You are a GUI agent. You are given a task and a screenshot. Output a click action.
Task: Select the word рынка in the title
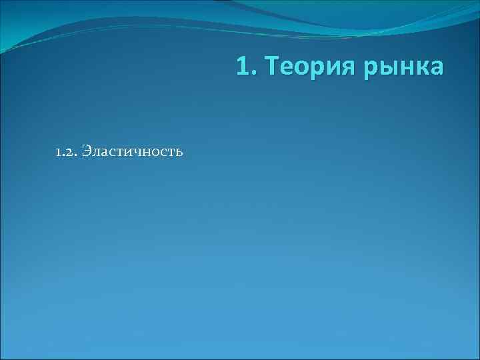pyautogui.click(x=402, y=67)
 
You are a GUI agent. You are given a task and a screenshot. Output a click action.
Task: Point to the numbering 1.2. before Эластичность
pyautogui.click(x=67, y=152)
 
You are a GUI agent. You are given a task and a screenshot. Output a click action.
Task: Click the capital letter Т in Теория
pyautogui.click(x=269, y=67)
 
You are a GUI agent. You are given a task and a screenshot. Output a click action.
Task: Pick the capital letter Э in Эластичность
pyautogui.click(x=88, y=152)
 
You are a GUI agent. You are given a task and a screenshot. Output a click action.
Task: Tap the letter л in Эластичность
pyautogui.click(x=97, y=153)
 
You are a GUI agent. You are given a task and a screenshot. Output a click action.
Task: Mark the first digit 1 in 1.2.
pyautogui.click(x=59, y=153)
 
